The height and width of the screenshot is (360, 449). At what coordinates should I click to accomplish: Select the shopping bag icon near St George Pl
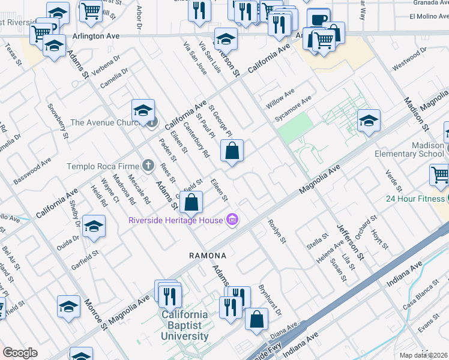pos(232,151)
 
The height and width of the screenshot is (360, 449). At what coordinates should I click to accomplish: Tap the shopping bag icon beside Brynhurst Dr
pos(256,319)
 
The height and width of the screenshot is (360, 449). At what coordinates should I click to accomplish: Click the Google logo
pos(20,353)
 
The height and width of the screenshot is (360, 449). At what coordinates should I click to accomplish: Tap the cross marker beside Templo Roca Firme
pos(148,166)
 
